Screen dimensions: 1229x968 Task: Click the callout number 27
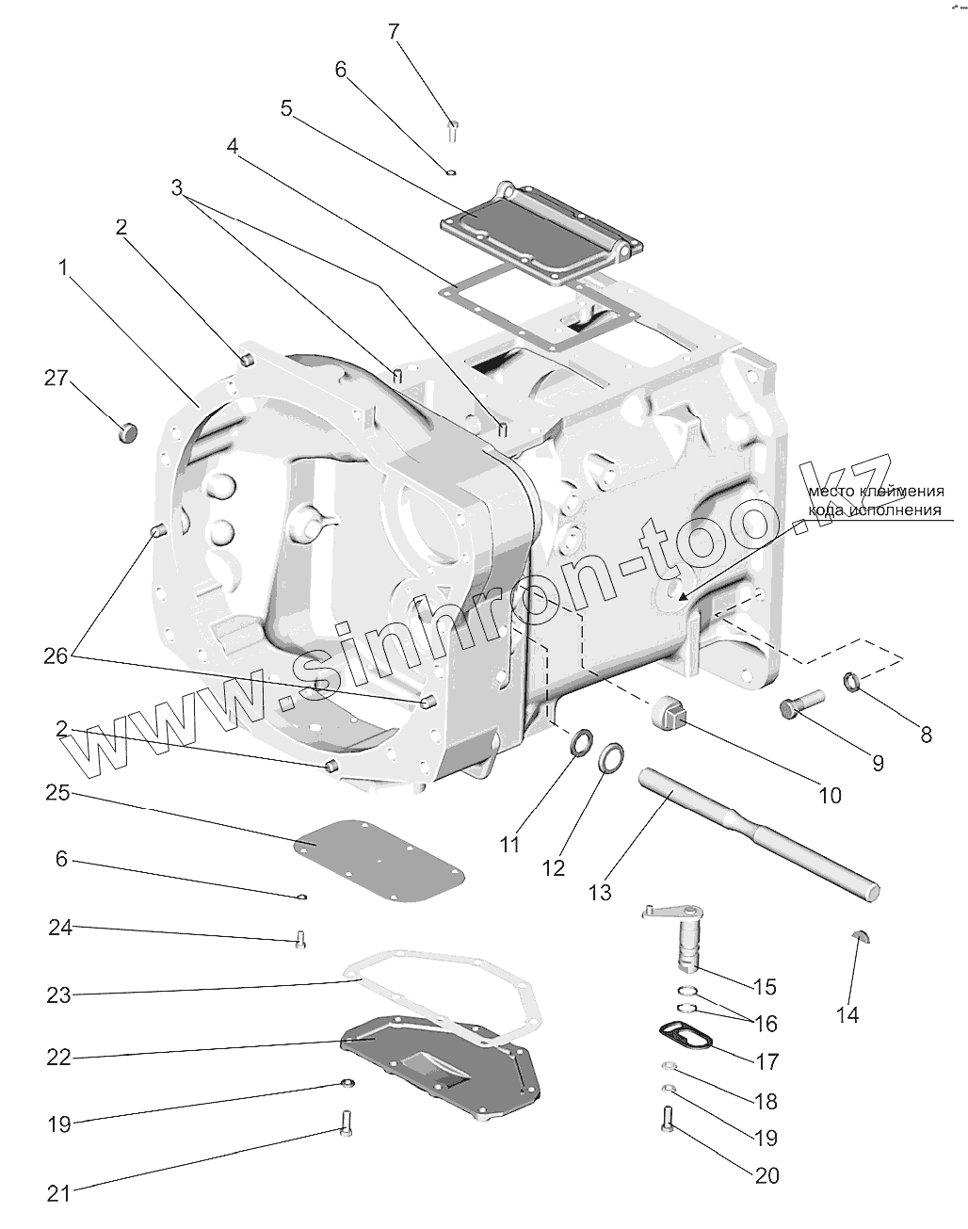[x=56, y=379]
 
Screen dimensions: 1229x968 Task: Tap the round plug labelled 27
[x=126, y=432]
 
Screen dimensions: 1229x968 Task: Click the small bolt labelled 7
[x=453, y=129]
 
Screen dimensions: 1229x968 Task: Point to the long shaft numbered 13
[x=753, y=829]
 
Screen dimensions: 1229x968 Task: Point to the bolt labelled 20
[x=668, y=1120]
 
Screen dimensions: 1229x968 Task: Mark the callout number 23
[x=58, y=995]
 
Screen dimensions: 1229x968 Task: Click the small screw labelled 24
[x=299, y=939]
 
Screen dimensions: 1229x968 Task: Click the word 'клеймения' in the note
[x=902, y=492]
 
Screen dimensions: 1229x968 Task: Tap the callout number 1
[x=63, y=268]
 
